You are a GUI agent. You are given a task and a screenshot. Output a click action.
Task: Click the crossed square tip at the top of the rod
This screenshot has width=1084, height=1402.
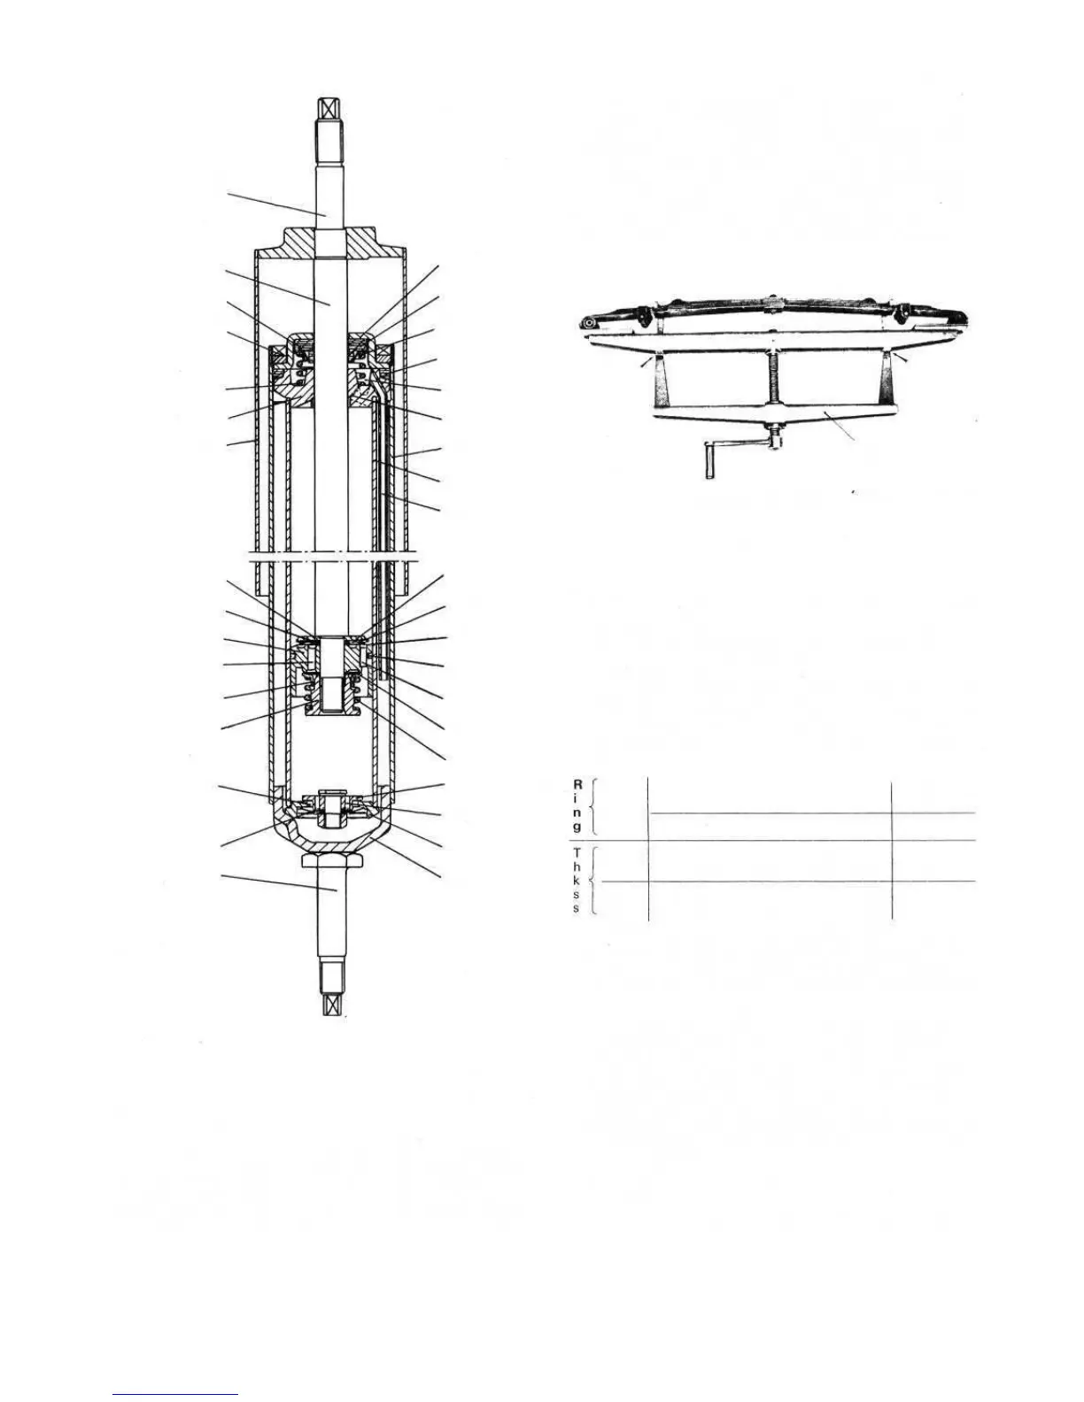tap(328, 108)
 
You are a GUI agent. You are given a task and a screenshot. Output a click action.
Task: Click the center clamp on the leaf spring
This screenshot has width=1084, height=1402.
tap(775, 307)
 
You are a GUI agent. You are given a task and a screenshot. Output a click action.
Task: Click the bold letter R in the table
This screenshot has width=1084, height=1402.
tap(577, 783)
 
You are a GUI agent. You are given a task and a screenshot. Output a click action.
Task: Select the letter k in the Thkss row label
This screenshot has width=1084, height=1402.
tap(577, 882)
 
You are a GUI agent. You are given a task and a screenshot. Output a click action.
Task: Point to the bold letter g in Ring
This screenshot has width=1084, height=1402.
tap(577, 827)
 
